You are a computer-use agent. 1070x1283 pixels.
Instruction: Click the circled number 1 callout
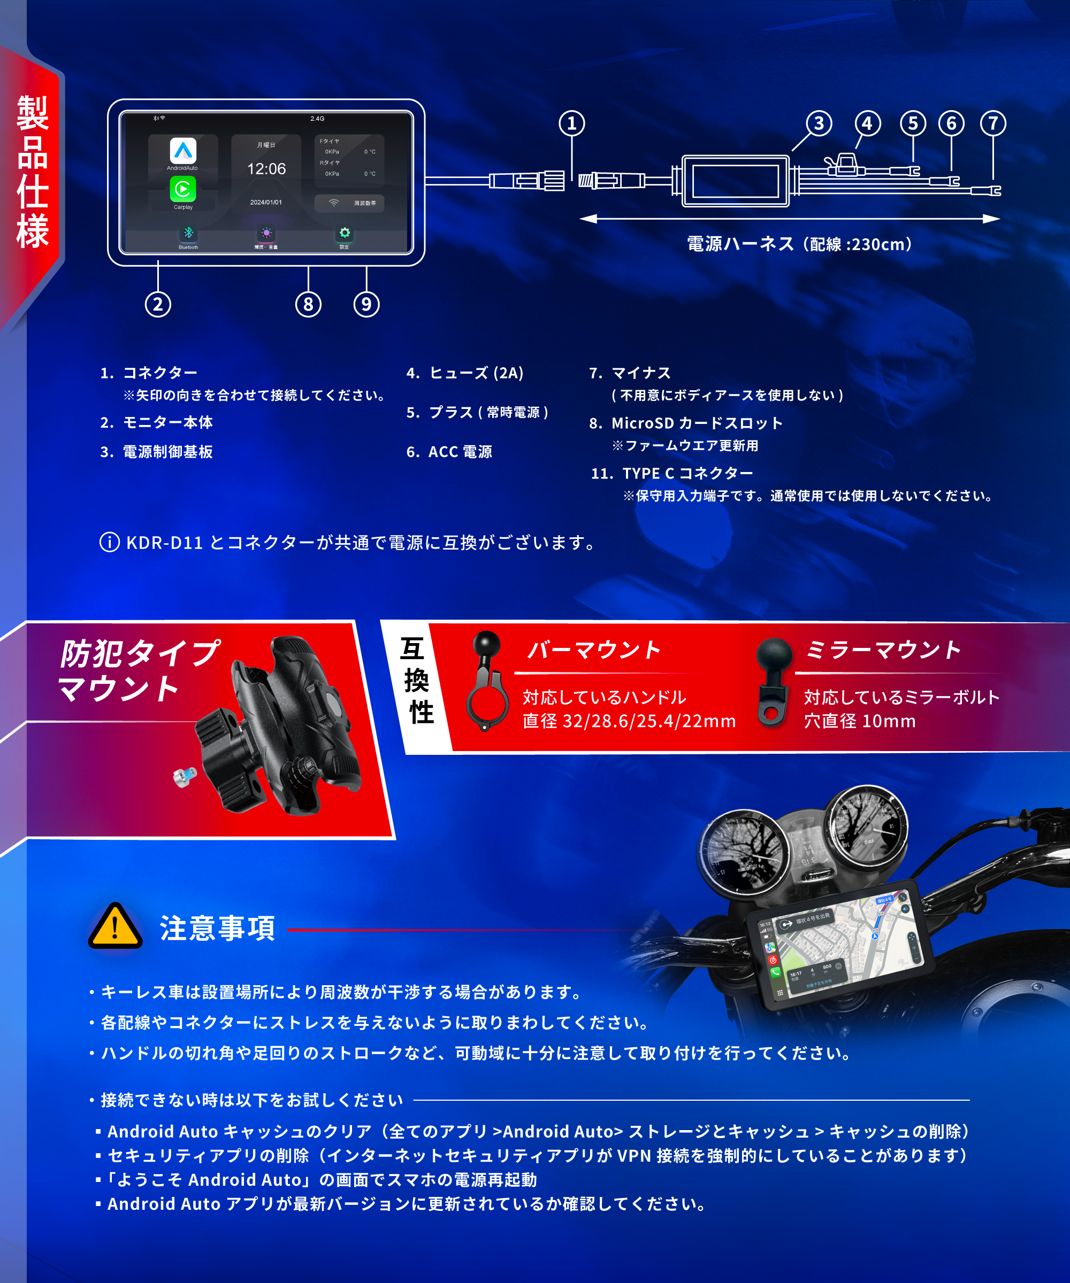tap(572, 123)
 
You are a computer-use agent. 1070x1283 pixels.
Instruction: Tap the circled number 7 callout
tap(993, 123)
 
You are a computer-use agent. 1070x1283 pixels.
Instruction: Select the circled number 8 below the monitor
tap(308, 304)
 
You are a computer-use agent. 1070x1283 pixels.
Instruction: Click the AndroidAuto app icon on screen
tap(183, 151)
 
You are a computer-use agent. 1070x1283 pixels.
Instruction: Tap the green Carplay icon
tap(183, 189)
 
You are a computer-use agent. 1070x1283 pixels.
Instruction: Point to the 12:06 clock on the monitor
tap(266, 168)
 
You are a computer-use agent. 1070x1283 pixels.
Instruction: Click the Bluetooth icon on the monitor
tap(188, 234)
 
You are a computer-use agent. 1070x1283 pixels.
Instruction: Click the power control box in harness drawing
tap(736, 181)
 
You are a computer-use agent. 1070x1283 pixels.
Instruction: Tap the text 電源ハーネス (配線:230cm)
tap(800, 244)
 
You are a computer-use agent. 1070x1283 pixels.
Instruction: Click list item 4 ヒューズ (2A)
tap(465, 373)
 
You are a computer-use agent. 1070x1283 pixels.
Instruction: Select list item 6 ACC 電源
tap(449, 452)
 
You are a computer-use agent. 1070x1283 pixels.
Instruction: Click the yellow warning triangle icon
tap(115, 927)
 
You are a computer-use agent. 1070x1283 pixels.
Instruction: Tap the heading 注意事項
tap(217, 928)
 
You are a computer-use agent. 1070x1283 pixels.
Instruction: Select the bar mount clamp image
tap(487, 681)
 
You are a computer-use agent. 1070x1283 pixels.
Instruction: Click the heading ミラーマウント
tap(882, 650)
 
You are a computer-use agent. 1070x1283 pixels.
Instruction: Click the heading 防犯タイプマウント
tap(137, 670)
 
